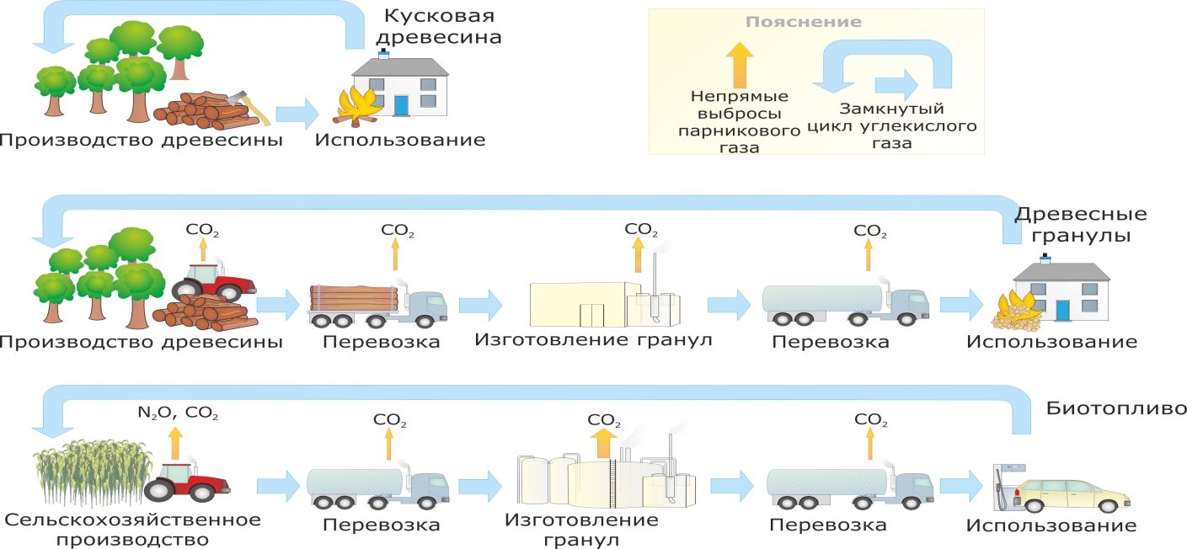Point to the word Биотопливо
tap(1117, 410)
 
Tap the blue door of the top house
tap(401, 104)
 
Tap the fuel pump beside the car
tap(1003, 488)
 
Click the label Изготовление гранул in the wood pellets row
tap(593, 341)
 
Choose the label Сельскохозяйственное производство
tap(132, 529)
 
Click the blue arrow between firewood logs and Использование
tap(297, 113)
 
